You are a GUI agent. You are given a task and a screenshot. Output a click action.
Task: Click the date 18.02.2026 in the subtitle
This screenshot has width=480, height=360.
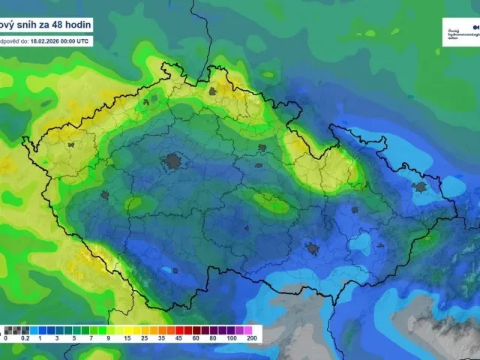[44, 41]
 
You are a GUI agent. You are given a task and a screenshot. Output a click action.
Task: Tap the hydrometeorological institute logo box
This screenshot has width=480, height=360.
[460, 31]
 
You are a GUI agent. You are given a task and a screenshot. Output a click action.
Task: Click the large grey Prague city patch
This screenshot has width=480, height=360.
[175, 160]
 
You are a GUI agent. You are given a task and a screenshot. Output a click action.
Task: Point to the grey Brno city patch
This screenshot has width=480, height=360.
[310, 248]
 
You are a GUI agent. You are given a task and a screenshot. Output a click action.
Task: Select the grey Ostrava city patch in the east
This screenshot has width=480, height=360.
[421, 186]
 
